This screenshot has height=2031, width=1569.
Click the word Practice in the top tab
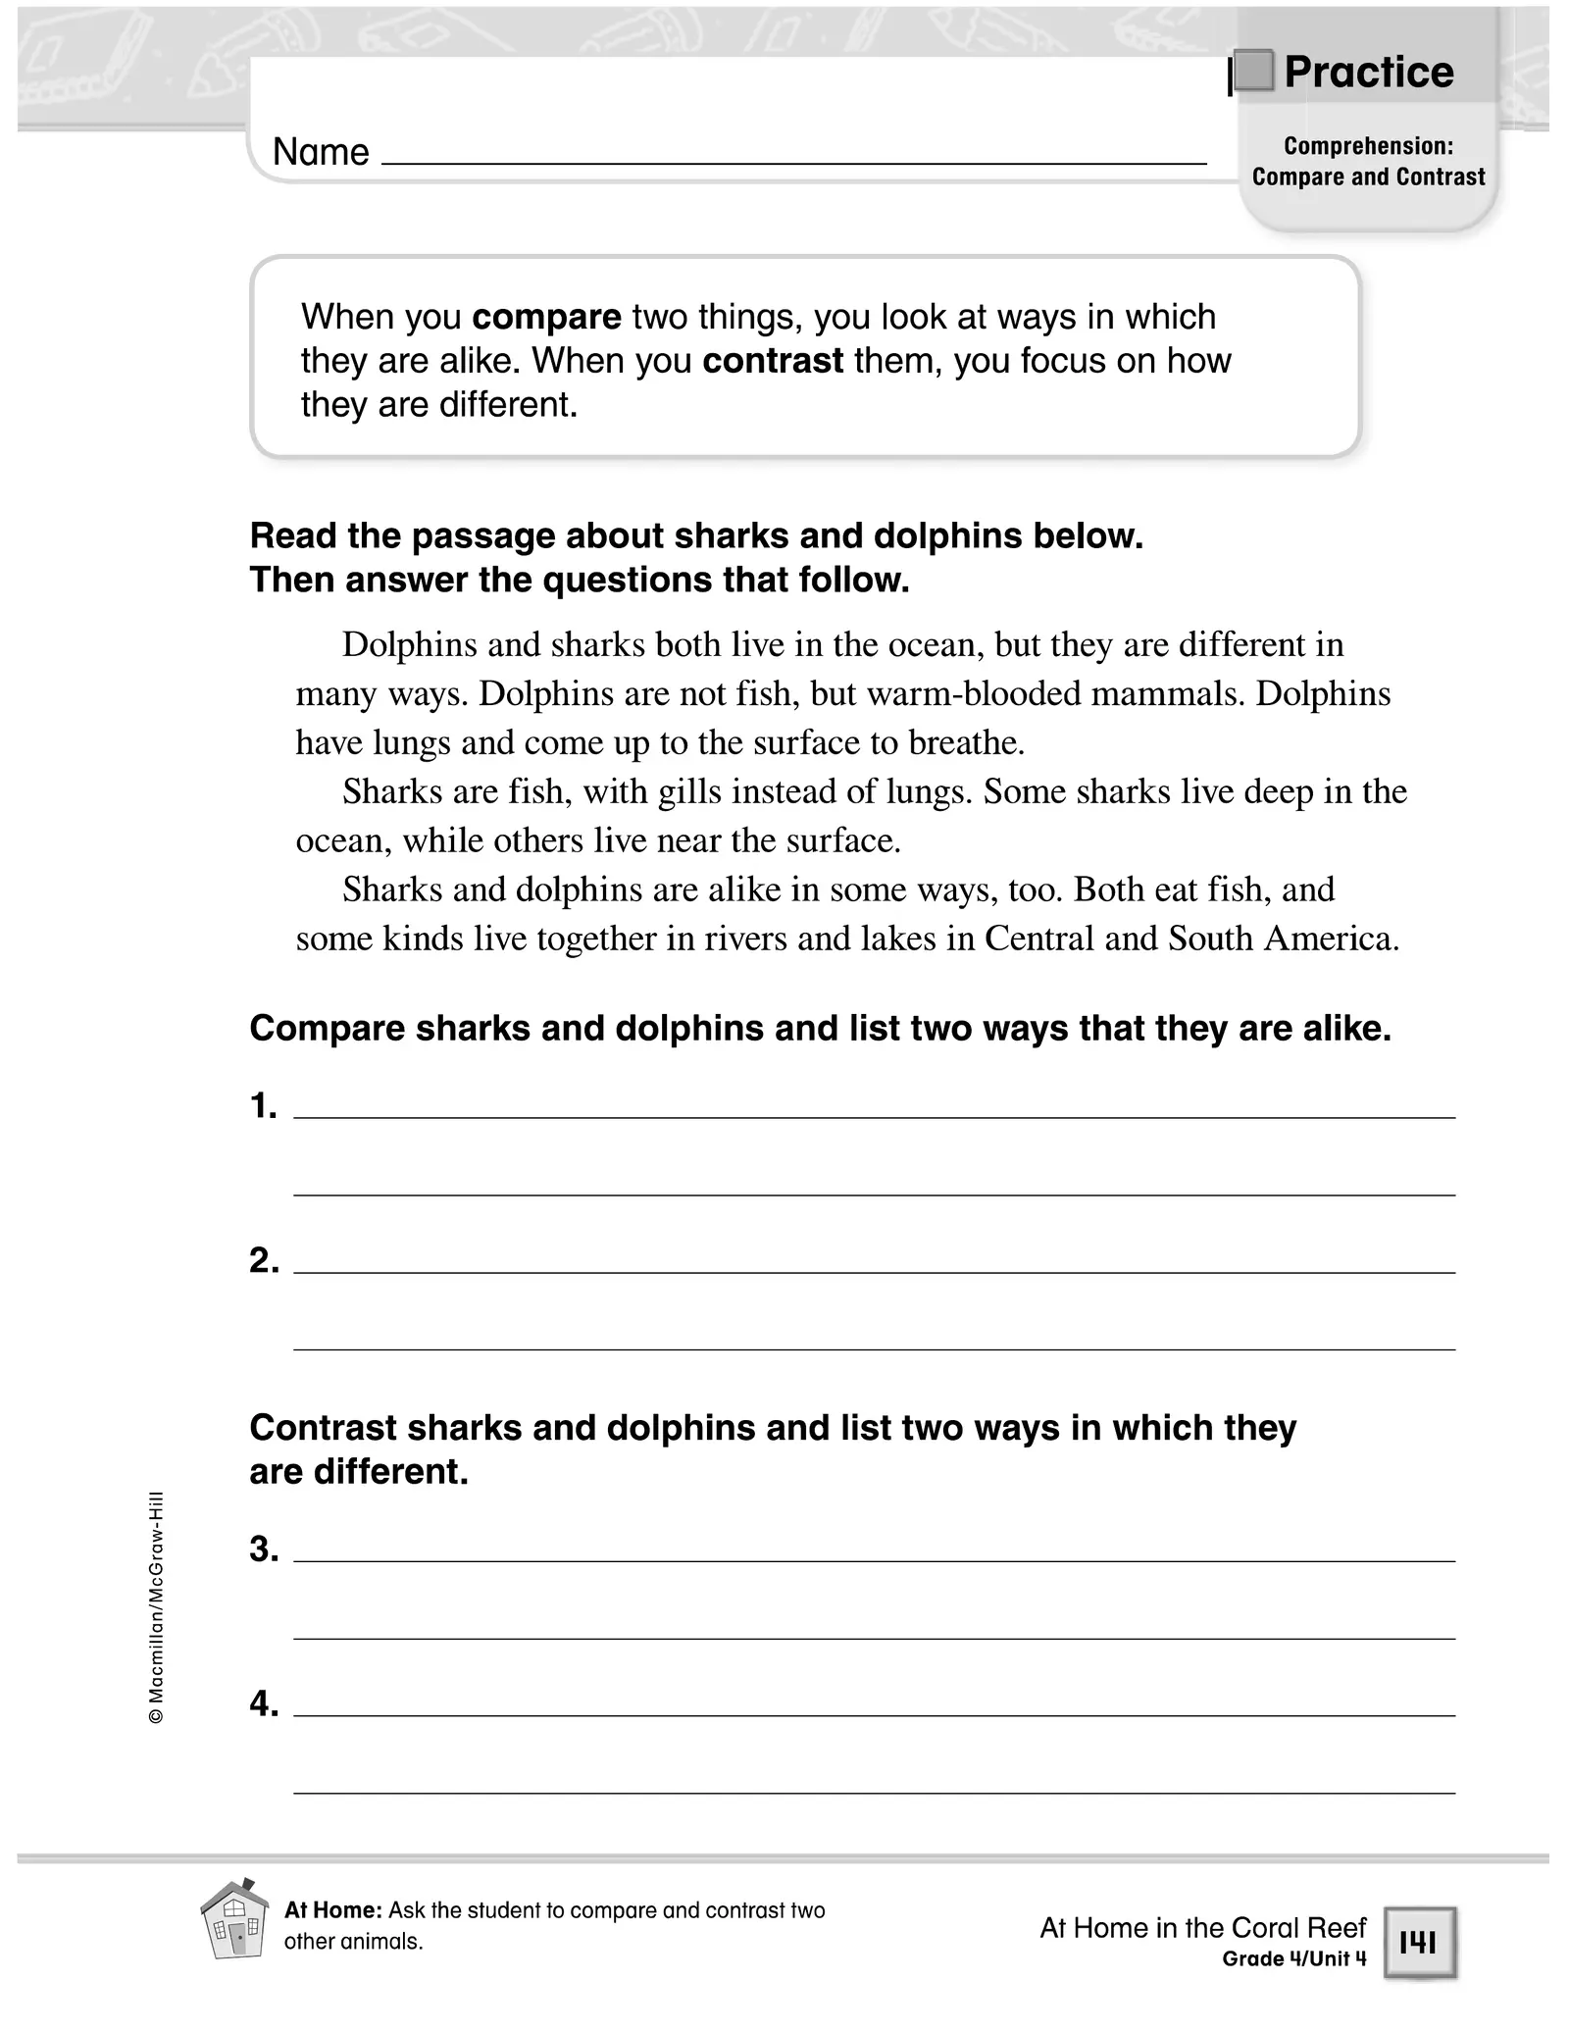click(x=1369, y=73)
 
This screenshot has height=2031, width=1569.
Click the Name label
click(x=321, y=152)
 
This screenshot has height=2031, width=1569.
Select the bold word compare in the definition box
click(x=547, y=317)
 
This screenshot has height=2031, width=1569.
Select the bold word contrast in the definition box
click(x=773, y=361)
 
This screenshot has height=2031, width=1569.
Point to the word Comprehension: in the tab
click(x=1368, y=146)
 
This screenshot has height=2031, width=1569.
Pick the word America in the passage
click(x=1331, y=939)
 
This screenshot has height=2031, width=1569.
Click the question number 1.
click(x=263, y=1106)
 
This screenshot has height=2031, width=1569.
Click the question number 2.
click(x=264, y=1260)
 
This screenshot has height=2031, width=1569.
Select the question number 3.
click(x=264, y=1549)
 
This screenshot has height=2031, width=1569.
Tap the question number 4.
click(x=264, y=1704)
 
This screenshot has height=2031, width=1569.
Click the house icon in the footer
click(x=234, y=1918)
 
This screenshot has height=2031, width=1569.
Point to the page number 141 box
click(x=1419, y=1942)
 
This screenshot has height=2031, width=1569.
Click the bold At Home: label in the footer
click(x=332, y=1910)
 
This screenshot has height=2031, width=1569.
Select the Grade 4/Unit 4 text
click(x=1293, y=1958)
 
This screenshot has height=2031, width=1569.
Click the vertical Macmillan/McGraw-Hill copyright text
click(x=156, y=1608)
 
